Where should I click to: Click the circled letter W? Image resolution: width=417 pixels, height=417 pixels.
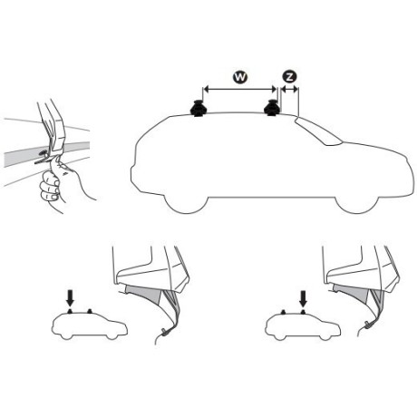[238, 77]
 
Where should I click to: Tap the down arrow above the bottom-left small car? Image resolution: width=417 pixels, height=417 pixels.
[72, 295]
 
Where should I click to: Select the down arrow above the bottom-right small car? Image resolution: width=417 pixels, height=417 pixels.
[304, 296]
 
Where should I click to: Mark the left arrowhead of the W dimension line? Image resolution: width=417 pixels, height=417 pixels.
[203, 89]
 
